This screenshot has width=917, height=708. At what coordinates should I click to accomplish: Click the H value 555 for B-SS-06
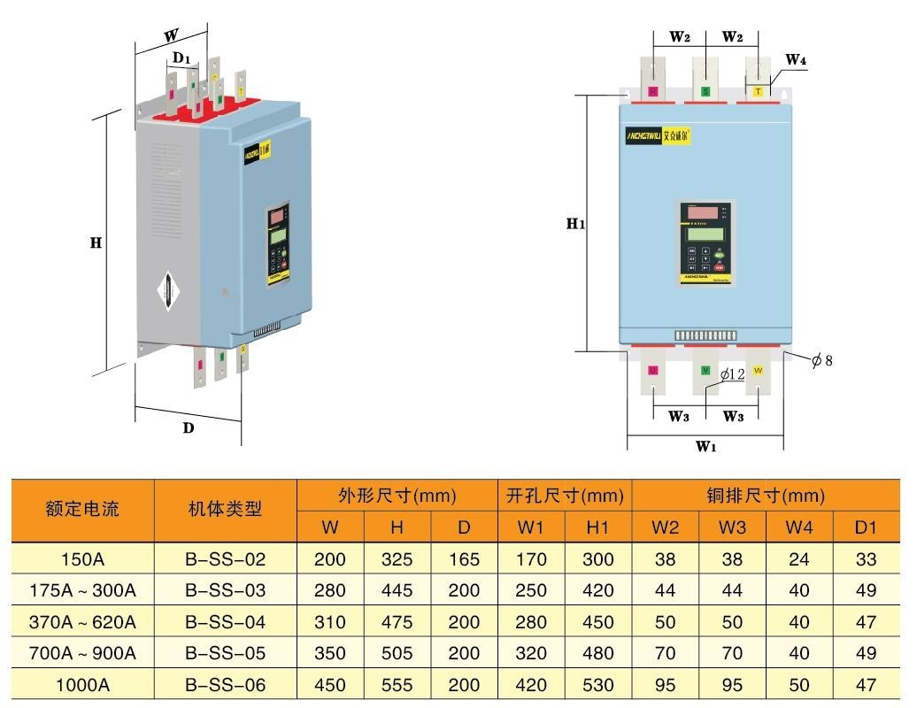[x=397, y=685]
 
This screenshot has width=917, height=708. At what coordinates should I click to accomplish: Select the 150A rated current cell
[x=82, y=559]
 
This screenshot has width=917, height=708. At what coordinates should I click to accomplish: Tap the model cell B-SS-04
[x=225, y=622]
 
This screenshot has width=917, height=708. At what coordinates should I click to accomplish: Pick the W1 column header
[x=531, y=527]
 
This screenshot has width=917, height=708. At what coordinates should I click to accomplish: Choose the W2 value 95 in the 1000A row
[x=665, y=685]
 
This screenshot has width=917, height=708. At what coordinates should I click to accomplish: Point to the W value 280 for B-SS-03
[x=330, y=590]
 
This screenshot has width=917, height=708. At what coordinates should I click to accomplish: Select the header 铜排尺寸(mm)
[x=766, y=495]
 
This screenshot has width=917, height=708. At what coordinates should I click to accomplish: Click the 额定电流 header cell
[x=82, y=510]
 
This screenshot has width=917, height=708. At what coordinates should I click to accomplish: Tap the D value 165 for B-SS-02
[x=464, y=559]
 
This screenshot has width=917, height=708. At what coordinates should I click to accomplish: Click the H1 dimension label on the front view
[x=576, y=224]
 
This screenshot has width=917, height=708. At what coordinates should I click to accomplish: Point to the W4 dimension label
[x=796, y=60]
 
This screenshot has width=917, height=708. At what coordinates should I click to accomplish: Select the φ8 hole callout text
[x=822, y=360]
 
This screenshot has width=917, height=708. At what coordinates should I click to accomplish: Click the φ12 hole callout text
[x=732, y=375]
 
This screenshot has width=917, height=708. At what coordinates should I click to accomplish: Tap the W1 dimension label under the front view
[x=705, y=446]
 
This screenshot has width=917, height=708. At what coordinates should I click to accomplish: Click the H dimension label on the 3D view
[x=96, y=242]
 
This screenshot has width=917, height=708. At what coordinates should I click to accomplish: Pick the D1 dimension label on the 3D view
[x=181, y=58]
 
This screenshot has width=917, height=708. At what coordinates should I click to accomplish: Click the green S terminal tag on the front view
[x=705, y=91]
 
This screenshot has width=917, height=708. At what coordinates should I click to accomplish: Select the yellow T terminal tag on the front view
[x=758, y=91]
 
